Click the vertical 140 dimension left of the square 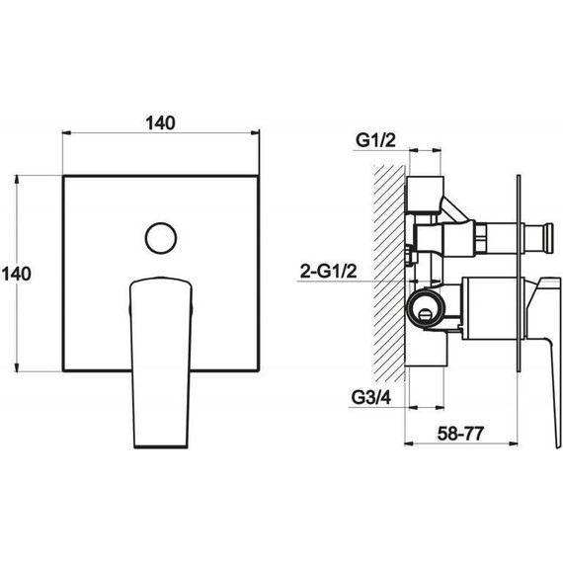click(17, 274)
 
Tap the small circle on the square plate click(161, 238)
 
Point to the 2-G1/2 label click(329, 271)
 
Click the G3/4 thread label click(371, 397)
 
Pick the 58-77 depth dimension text click(460, 434)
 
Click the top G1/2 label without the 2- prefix click(375, 139)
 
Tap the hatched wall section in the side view click(389, 273)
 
